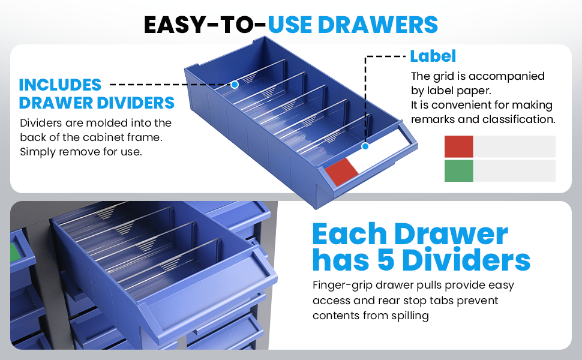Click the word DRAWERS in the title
coord(378,25)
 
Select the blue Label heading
coord(433,56)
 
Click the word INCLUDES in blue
coord(60,85)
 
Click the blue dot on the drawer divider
coord(235,85)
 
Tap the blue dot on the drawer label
coord(365,146)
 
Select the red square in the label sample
coord(459,146)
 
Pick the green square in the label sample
coord(459,171)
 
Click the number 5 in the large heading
coord(386,260)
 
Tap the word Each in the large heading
coord(350,234)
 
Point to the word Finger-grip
coord(343,286)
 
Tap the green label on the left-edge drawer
coord(15,252)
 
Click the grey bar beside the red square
coord(514,146)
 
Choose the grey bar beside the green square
coord(514,171)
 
